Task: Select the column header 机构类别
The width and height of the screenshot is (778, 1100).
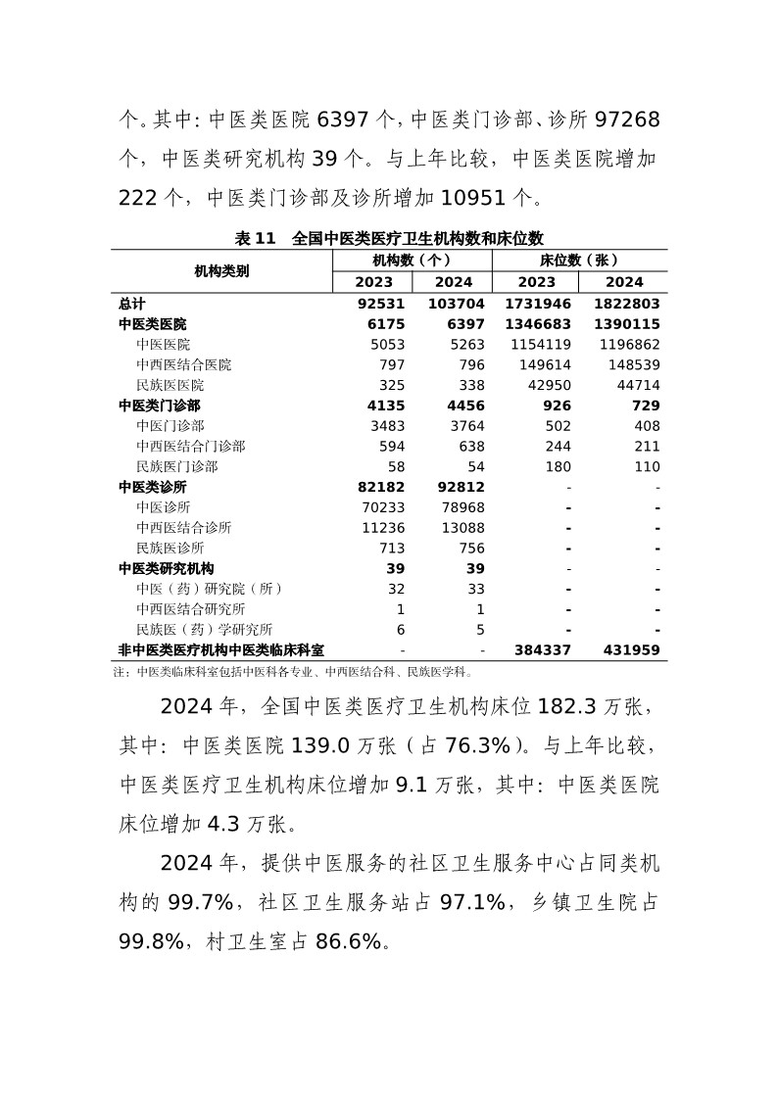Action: pyautogui.click(x=221, y=271)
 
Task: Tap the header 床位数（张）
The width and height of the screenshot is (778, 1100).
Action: pyautogui.click(x=579, y=261)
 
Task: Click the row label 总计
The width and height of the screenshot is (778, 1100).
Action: pyautogui.click(x=132, y=304)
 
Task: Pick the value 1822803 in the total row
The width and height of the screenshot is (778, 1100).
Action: pyautogui.click(x=625, y=304)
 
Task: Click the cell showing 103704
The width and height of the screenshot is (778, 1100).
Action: pyautogui.click(x=456, y=304)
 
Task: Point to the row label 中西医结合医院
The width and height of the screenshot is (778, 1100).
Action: pyautogui.click(x=184, y=364)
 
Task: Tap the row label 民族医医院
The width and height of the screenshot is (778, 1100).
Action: pyautogui.click(x=170, y=385)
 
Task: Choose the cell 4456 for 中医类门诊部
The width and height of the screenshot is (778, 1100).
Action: pyautogui.click(x=466, y=406)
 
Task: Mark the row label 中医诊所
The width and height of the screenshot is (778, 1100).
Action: pyautogui.click(x=164, y=507)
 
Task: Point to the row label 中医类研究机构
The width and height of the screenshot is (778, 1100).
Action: pyautogui.click(x=167, y=568)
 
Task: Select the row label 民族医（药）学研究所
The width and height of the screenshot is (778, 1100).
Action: pyautogui.click(x=205, y=630)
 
